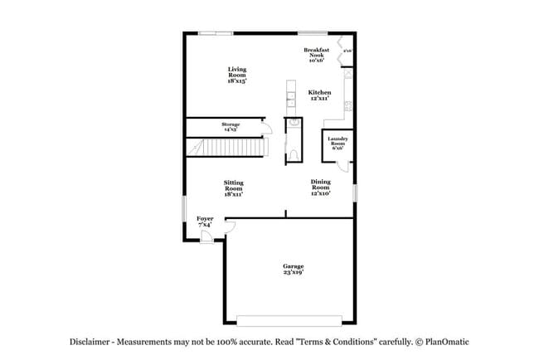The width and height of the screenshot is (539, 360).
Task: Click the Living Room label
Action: [x=236, y=75]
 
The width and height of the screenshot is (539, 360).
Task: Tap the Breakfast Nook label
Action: [x=317, y=55]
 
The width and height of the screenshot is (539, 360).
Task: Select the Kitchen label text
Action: [x=320, y=95]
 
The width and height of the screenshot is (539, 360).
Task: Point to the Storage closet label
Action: [x=230, y=127]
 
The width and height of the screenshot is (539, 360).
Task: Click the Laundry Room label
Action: [x=337, y=142]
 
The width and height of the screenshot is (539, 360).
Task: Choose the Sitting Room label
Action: [x=233, y=188]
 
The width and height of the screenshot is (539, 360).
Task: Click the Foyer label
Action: [x=205, y=221]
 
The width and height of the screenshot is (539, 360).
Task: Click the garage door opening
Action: [x=289, y=319]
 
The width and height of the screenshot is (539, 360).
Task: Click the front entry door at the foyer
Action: [x=206, y=237]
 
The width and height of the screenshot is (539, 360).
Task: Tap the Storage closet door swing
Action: [x=263, y=126]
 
